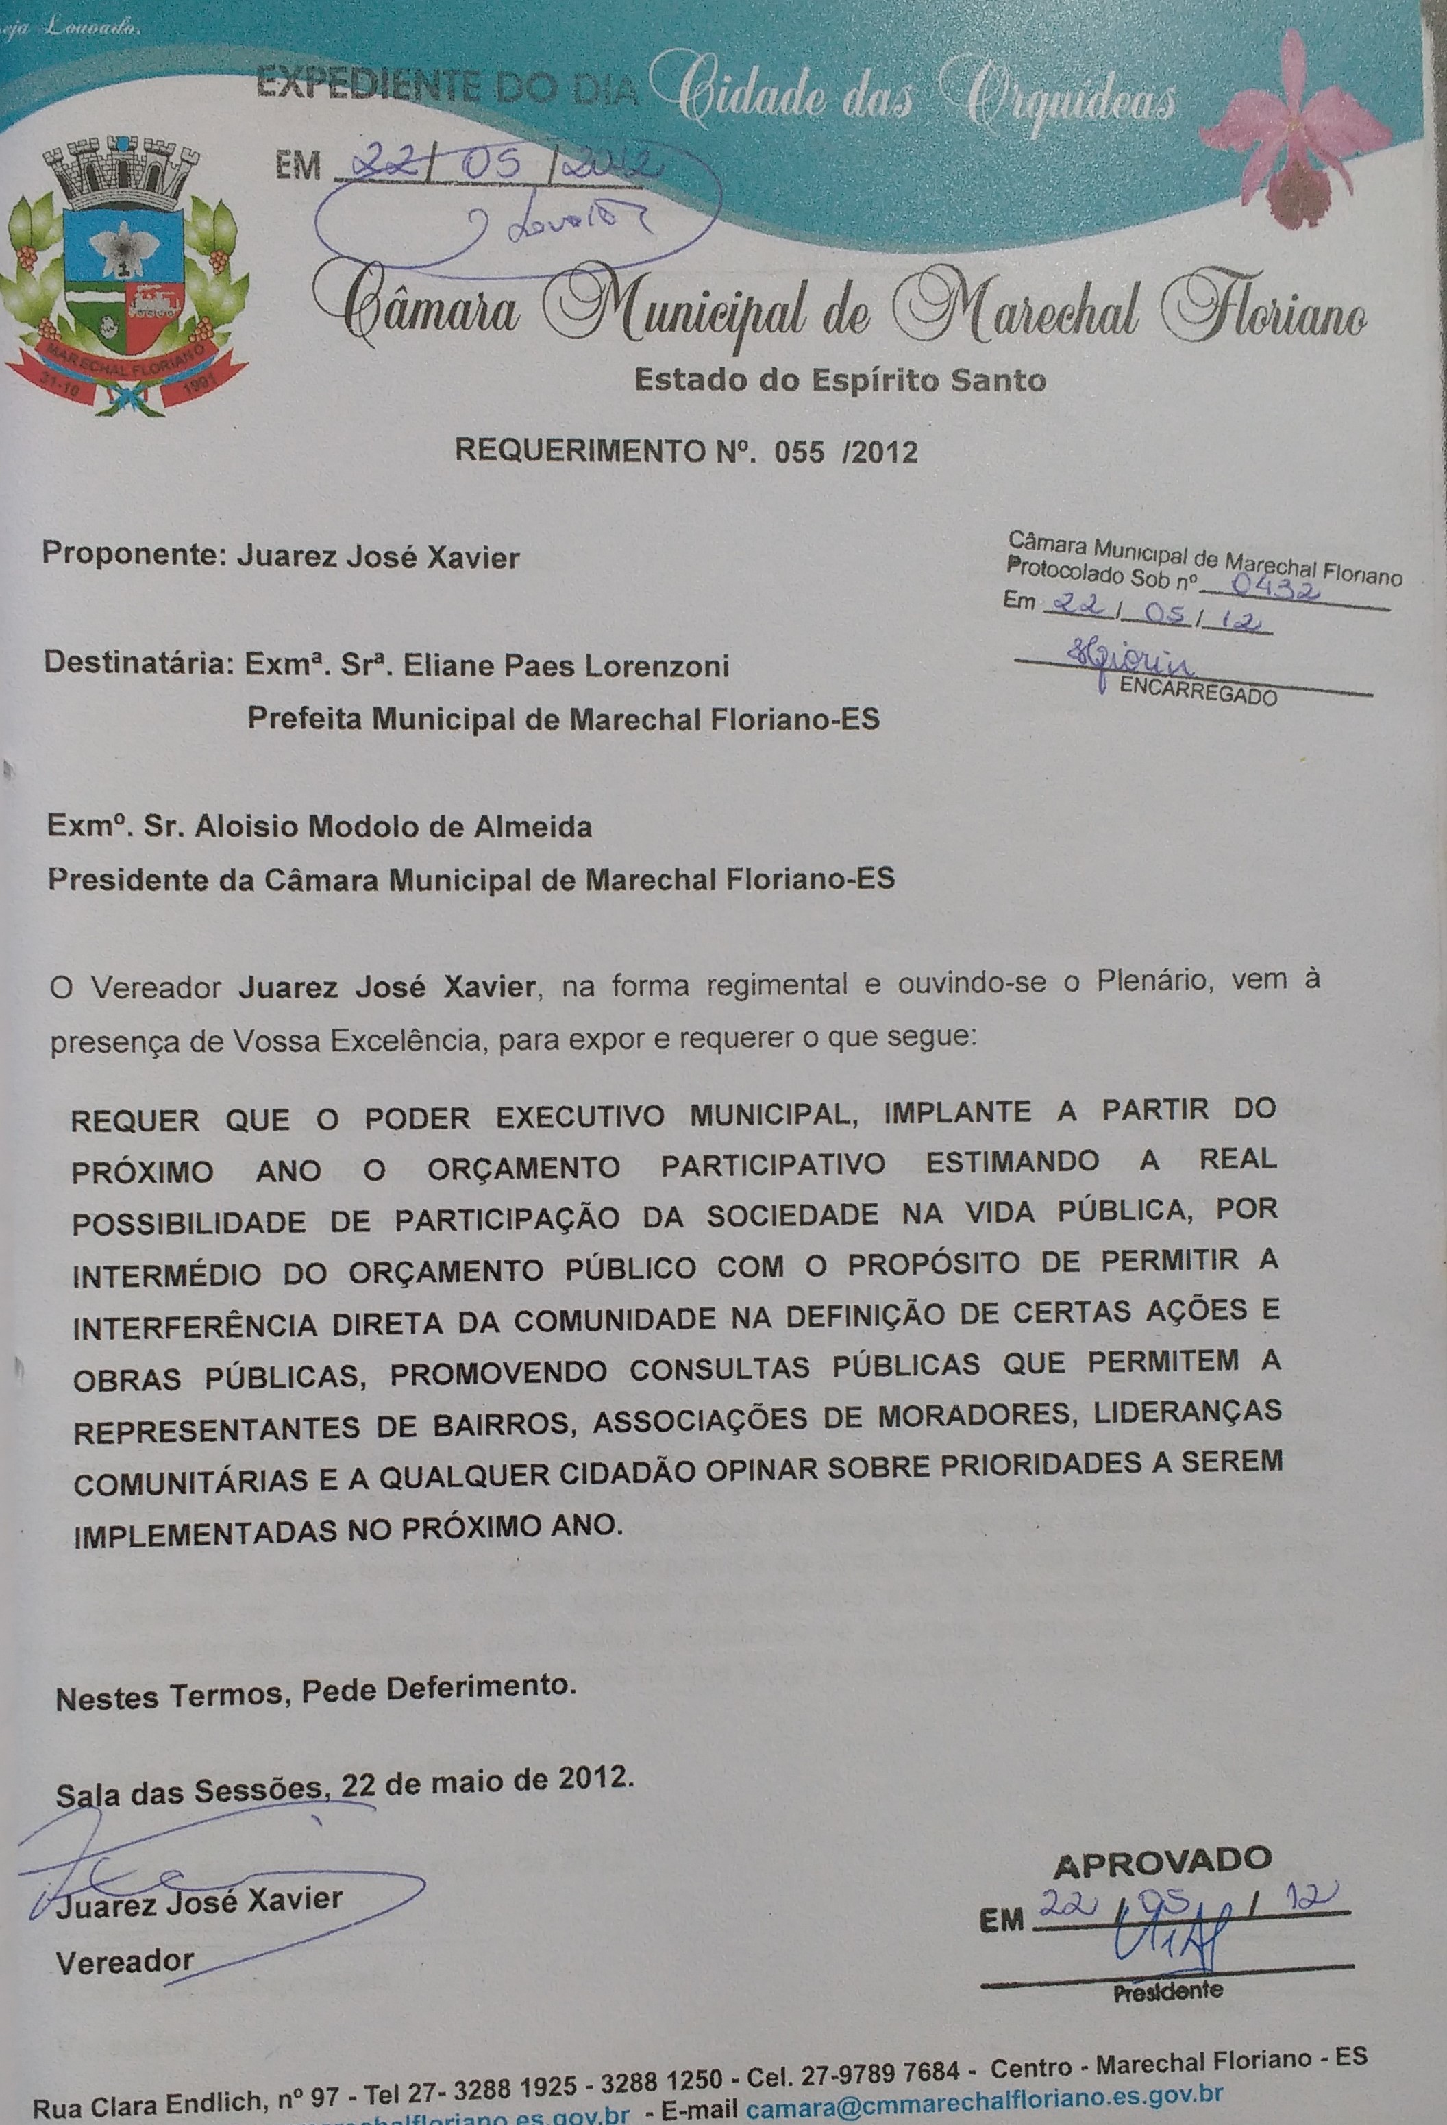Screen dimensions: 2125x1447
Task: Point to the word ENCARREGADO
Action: tap(1198, 694)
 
